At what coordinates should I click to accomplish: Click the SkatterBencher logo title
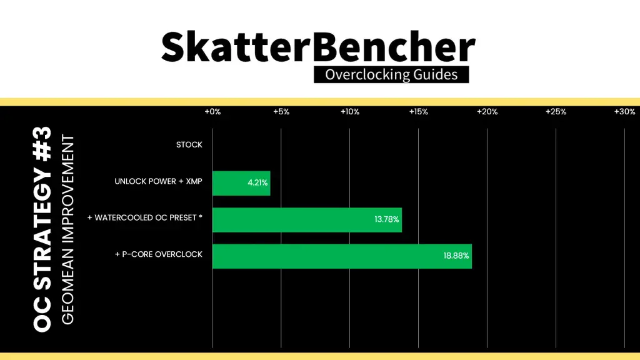(x=318, y=47)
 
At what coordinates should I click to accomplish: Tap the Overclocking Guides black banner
(x=391, y=75)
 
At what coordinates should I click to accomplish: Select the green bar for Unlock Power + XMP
(x=241, y=183)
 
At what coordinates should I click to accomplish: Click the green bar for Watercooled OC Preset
(x=307, y=220)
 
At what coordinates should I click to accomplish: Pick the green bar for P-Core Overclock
(x=342, y=256)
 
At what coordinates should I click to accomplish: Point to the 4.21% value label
(x=257, y=183)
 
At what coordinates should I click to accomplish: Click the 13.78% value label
(x=386, y=219)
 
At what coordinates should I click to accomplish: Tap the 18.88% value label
(x=456, y=256)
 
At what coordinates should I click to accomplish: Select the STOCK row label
(x=189, y=145)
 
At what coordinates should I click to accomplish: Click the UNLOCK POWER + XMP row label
(x=158, y=181)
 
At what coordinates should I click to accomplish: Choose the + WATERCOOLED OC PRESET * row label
(x=145, y=218)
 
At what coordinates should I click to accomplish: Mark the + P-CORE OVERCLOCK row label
(x=158, y=254)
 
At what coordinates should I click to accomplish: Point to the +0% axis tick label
(x=212, y=112)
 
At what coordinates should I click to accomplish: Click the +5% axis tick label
(x=281, y=112)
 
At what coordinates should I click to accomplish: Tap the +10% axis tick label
(x=350, y=112)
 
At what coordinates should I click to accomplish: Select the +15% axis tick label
(x=418, y=112)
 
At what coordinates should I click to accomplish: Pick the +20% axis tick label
(x=487, y=112)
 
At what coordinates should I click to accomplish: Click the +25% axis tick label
(x=556, y=112)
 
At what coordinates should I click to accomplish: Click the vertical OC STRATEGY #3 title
(x=42, y=229)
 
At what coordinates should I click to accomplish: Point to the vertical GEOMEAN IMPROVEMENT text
(x=67, y=230)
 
